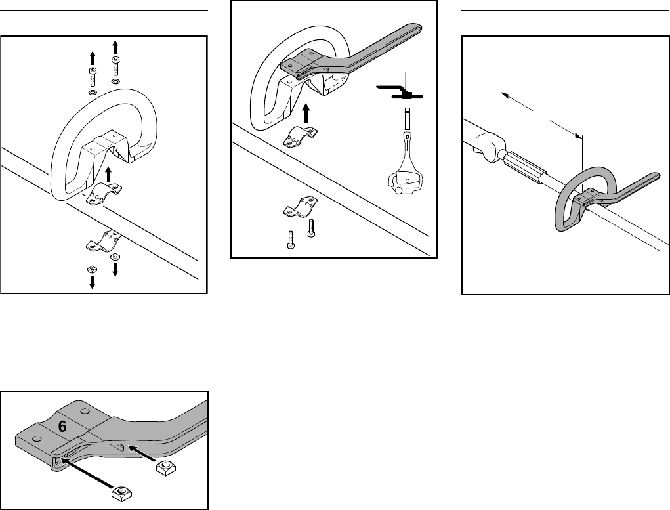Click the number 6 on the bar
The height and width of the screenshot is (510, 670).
tap(62, 426)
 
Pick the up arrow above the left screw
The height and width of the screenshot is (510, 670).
tap(93, 56)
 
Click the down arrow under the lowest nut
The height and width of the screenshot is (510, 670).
tap(92, 282)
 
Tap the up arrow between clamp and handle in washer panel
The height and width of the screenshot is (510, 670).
tap(109, 174)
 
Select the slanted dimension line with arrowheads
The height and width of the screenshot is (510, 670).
tap(541, 114)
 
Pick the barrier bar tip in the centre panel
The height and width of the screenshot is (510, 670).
tap(417, 30)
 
